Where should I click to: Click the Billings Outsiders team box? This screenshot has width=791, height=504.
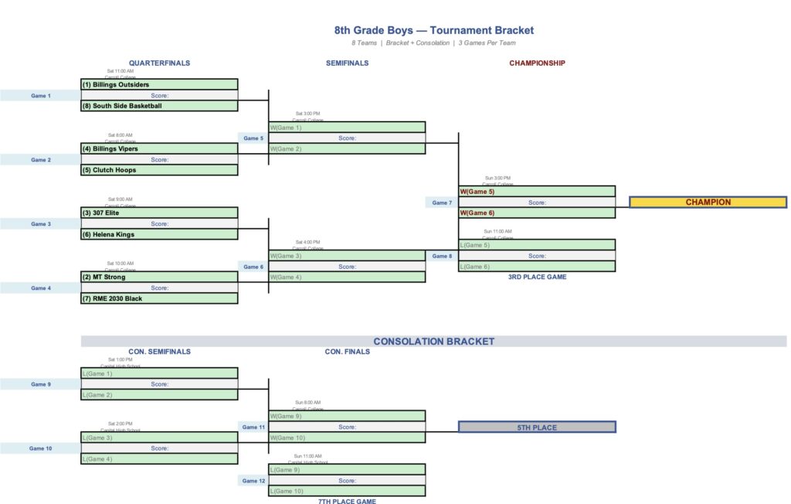click(x=159, y=85)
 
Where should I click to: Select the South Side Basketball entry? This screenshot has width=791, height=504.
click(x=159, y=106)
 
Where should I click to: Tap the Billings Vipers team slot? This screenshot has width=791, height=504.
click(x=159, y=148)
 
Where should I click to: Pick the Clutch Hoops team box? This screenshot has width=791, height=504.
click(x=159, y=170)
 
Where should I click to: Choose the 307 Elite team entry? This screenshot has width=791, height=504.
click(x=159, y=213)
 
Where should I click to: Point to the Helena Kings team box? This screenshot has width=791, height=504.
click(x=159, y=234)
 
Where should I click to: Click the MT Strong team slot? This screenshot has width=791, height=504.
click(x=159, y=277)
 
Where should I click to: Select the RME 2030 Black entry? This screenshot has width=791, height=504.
click(x=159, y=298)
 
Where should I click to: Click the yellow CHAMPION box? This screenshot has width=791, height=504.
click(x=708, y=203)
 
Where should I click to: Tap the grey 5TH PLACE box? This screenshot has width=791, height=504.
click(x=537, y=427)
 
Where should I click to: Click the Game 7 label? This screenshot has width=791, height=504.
click(x=441, y=203)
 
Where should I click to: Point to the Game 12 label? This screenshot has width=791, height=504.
click(x=253, y=481)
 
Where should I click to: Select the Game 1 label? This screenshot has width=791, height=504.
click(x=40, y=96)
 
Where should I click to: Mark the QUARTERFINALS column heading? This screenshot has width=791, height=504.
click(x=159, y=63)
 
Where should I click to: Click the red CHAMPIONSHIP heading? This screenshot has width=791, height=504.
click(x=537, y=63)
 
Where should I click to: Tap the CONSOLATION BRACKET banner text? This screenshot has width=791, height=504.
click(x=433, y=342)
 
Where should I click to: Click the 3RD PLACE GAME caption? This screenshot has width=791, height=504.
click(x=537, y=277)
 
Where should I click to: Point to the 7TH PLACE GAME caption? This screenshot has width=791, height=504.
click(x=347, y=501)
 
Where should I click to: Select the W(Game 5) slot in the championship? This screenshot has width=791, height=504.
click(x=537, y=192)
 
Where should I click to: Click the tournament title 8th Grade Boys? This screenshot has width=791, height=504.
click(x=433, y=31)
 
